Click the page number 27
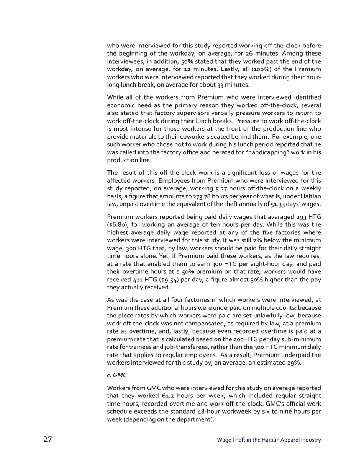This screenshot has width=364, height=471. click(x=48, y=439)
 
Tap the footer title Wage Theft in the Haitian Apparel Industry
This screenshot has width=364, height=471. click(x=269, y=440)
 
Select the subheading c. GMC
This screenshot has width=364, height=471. click(x=117, y=375)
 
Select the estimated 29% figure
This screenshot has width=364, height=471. click(x=293, y=363)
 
